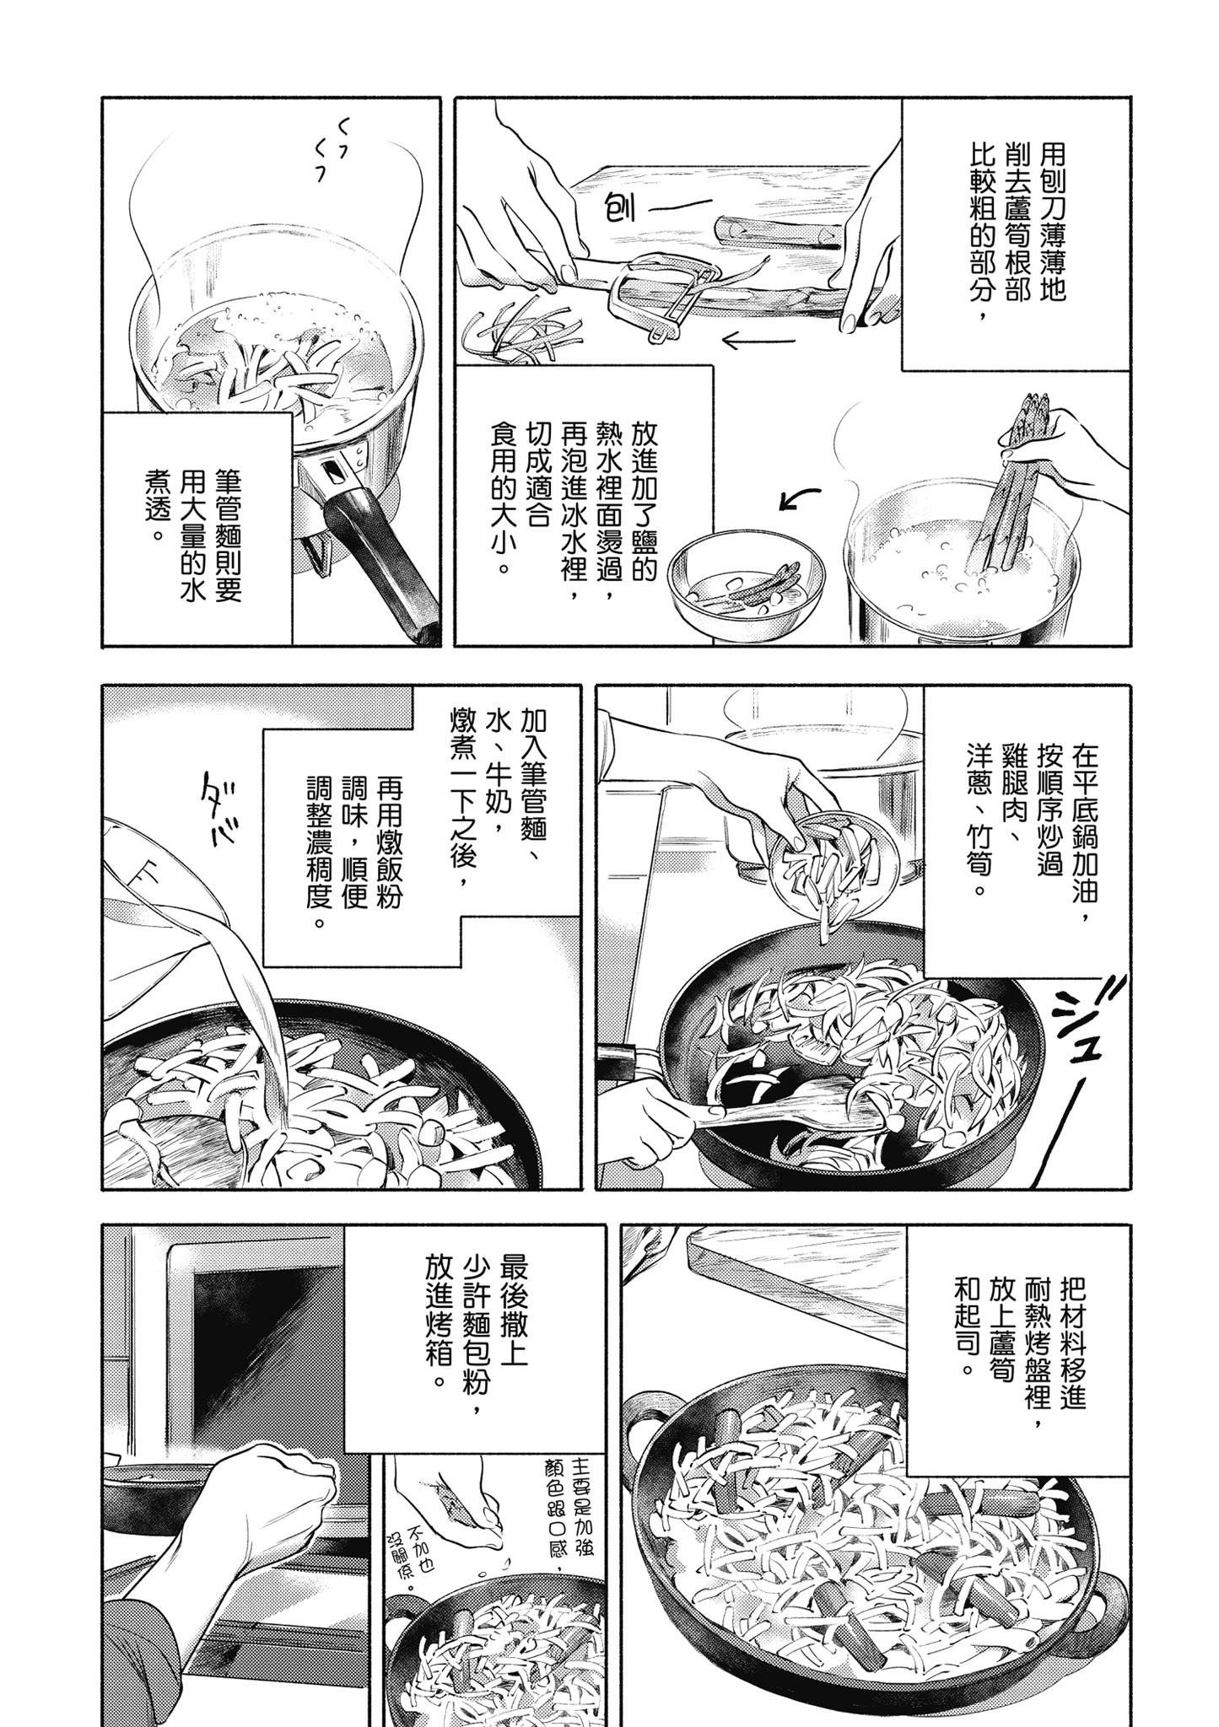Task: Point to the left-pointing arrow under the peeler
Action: tap(758, 342)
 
